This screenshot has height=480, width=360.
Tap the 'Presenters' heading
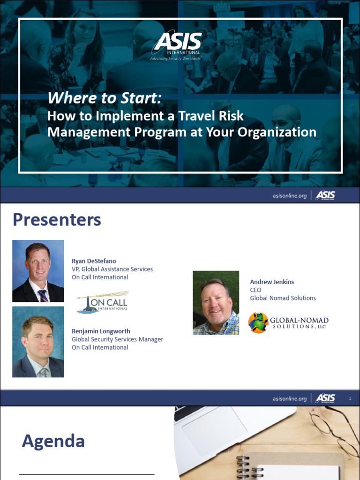(x=57, y=219)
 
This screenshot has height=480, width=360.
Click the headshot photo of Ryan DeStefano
(x=38, y=271)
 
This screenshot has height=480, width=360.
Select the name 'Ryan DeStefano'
(x=93, y=261)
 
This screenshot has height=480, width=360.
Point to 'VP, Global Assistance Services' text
(x=112, y=269)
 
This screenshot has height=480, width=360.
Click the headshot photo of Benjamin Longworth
(x=38, y=342)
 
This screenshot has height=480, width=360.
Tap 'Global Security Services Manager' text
(x=117, y=339)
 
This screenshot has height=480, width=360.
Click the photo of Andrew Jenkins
(x=216, y=303)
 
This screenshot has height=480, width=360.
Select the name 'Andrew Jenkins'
(x=272, y=282)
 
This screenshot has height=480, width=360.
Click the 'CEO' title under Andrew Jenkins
(x=255, y=290)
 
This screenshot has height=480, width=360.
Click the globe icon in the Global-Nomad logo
(x=258, y=322)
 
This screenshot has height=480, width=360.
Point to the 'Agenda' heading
(x=53, y=441)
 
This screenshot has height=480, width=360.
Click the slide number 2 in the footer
(x=350, y=398)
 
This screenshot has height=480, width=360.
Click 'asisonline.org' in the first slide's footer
(x=289, y=195)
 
